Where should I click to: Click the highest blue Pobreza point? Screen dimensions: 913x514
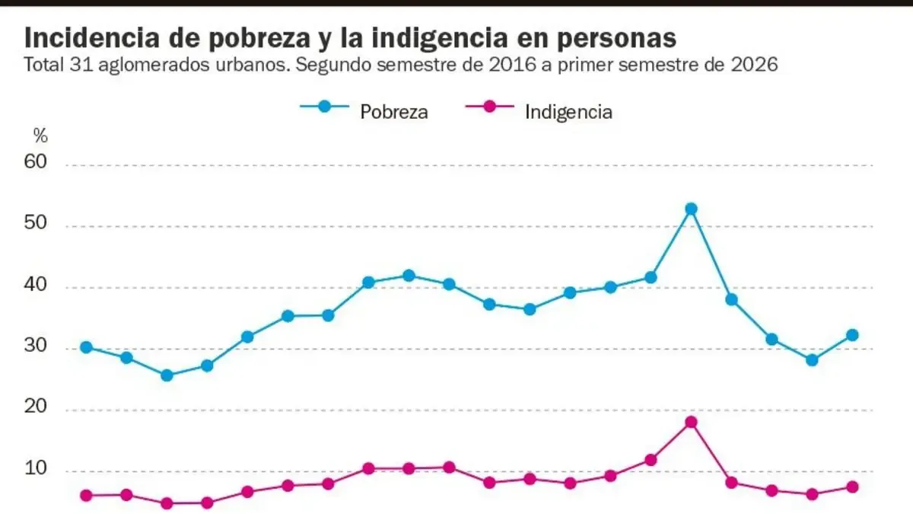click(x=691, y=209)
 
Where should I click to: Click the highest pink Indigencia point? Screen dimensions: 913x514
click(x=691, y=422)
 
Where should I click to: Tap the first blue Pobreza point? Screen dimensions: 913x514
click(x=86, y=347)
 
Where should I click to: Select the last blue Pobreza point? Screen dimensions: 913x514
click(x=852, y=335)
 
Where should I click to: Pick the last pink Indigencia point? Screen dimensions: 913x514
click(x=852, y=487)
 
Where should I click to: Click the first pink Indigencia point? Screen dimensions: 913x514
click(x=86, y=496)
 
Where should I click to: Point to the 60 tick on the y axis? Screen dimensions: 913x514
click(x=36, y=161)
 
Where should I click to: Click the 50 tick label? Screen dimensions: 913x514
click(x=36, y=222)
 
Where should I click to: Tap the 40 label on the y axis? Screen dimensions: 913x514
click(x=36, y=284)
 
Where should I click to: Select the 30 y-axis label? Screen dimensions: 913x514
click(x=36, y=345)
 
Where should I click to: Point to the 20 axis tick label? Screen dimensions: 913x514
click(x=36, y=406)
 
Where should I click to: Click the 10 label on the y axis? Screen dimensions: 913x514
click(x=36, y=468)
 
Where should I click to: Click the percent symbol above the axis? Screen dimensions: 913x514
click(x=40, y=136)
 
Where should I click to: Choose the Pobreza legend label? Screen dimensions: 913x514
click(x=394, y=112)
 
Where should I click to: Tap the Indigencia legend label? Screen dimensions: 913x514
click(x=568, y=112)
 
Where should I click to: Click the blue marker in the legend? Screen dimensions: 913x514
click(x=324, y=107)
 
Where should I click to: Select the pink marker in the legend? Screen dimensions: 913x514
click(x=489, y=107)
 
